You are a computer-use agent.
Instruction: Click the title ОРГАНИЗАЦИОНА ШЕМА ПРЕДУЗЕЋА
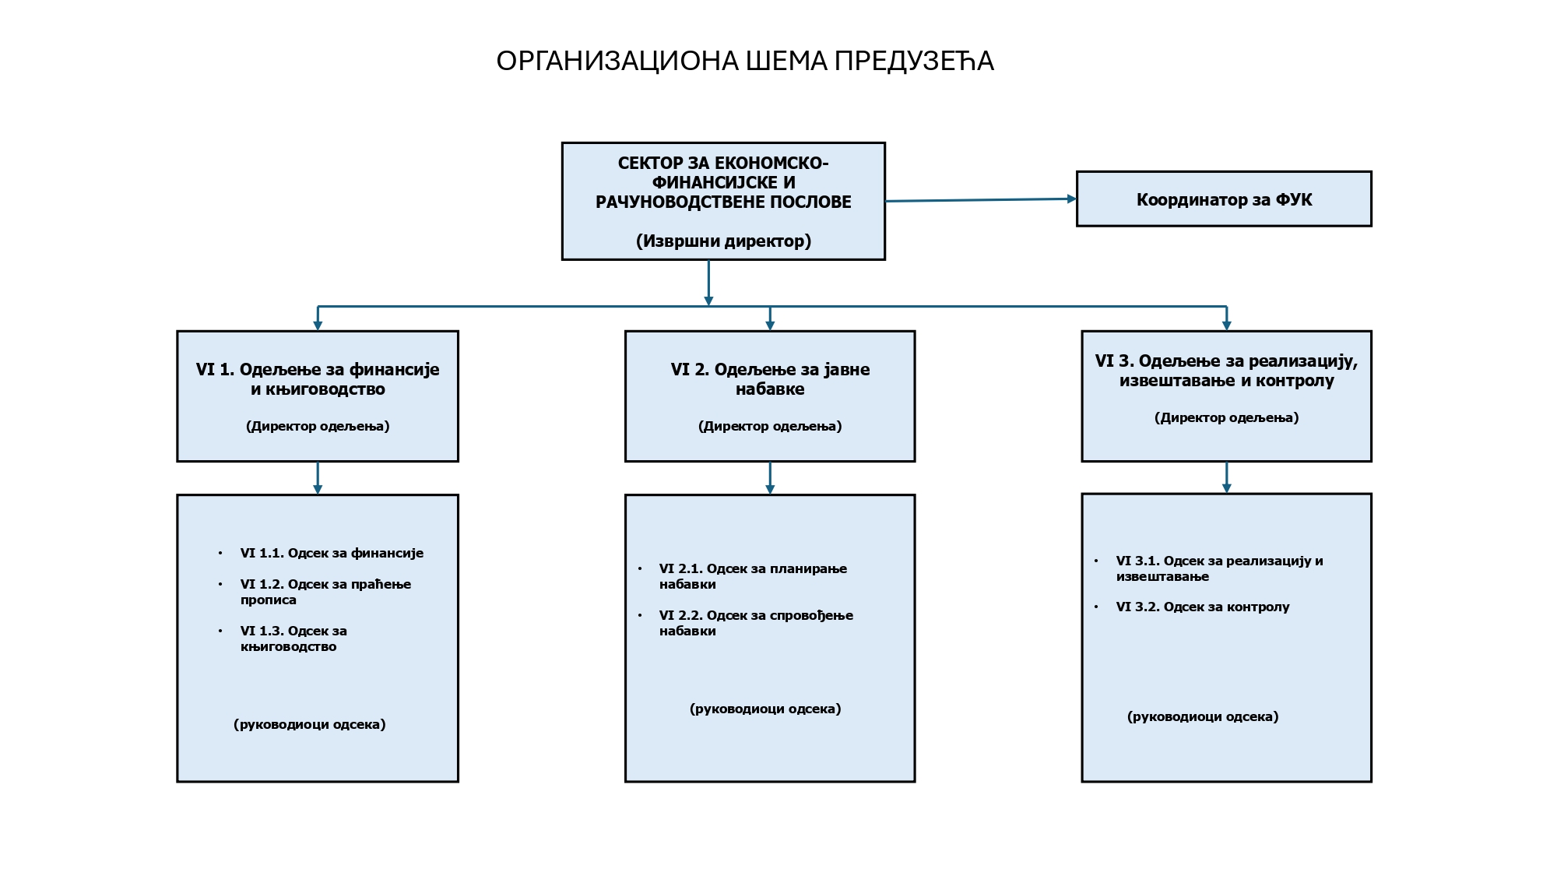click(745, 62)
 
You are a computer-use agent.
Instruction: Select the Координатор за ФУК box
click(1223, 199)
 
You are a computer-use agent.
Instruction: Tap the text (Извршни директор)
click(723, 241)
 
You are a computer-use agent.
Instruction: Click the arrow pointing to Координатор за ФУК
click(981, 200)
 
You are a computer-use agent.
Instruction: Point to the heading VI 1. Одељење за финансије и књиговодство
click(318, 379)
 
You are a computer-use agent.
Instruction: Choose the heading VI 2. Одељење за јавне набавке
click(770, 379)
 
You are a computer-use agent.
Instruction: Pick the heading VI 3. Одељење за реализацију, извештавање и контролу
click(1226, 371)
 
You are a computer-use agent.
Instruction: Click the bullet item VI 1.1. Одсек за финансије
click(332, 554)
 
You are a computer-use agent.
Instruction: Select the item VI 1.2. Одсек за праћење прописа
click(325, 592)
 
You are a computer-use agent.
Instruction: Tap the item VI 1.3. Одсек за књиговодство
click(293, 639)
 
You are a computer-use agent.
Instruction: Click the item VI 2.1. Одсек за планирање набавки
click(753, 576)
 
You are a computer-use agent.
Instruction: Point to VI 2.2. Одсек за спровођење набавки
click(756, 623)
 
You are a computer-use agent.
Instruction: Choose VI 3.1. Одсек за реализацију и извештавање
click(1219, 568)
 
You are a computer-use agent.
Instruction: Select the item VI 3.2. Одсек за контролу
click(1203, 607)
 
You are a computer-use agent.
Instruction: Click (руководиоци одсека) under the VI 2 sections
click(765, 709)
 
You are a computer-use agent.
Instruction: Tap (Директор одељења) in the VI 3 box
click(1226, 418)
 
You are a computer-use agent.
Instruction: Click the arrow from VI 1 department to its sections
click(318, 477)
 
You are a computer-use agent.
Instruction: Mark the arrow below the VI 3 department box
click(1226, 477)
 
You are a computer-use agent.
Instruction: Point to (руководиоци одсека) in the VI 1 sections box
click(310, 725)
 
